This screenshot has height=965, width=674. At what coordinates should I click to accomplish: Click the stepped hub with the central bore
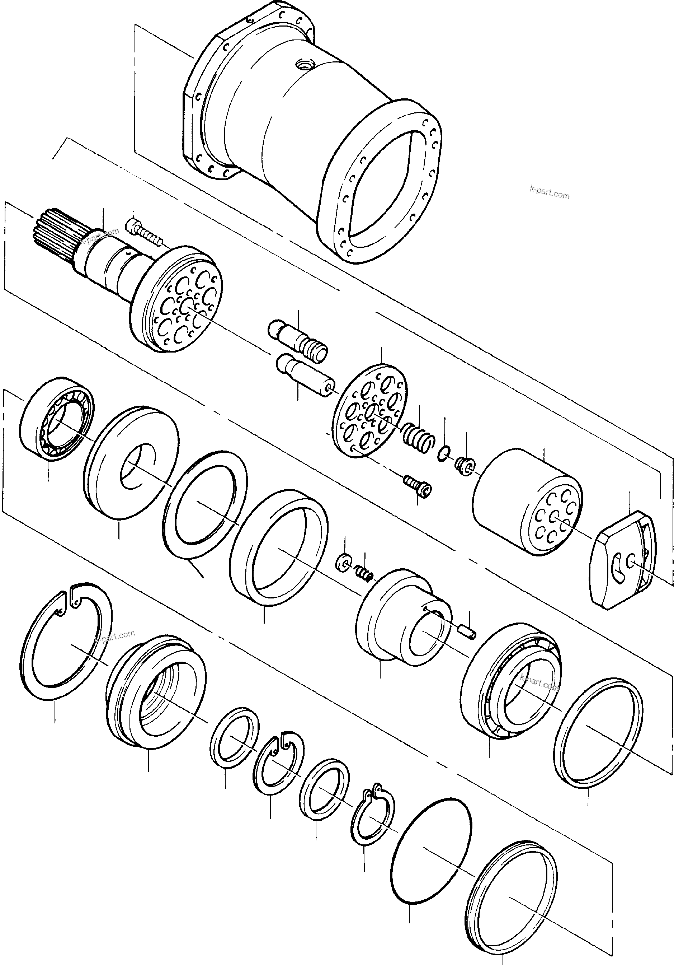click(399, 618)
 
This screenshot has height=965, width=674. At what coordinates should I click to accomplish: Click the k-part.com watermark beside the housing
click(549, 195)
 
